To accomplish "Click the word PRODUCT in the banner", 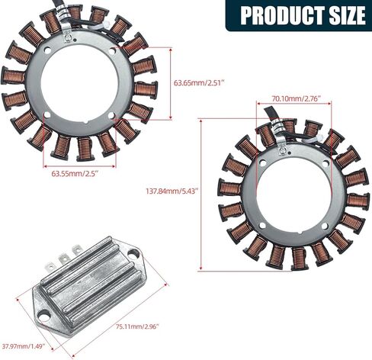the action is [282, 15].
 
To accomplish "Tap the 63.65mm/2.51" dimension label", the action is [200, 83].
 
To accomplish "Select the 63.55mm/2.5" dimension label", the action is [75, 174].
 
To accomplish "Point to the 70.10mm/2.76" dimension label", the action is [295, 98].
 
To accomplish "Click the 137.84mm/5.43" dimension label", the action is [172, 191].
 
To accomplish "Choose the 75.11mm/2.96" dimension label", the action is [137, 326].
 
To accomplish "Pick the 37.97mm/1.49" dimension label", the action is [24, 346].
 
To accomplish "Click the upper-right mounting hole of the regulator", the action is [133, 253].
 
